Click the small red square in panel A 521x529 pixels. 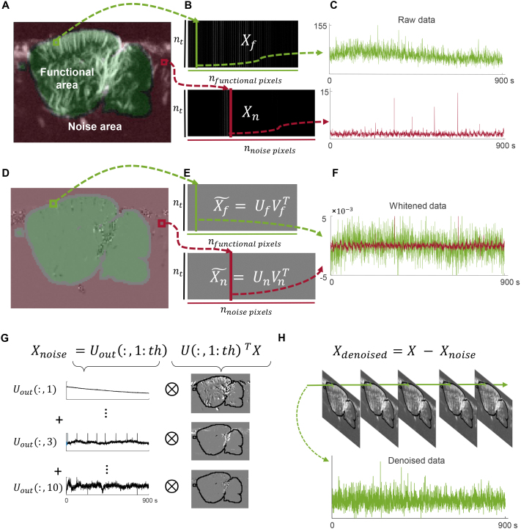[x=164, y=64]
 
